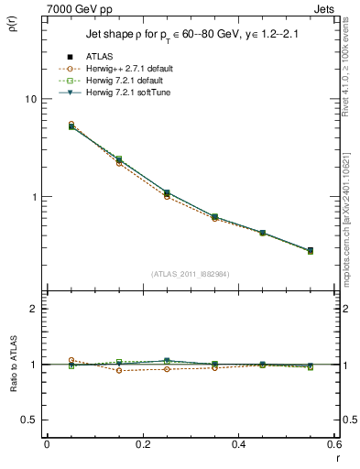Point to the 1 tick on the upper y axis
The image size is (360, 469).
36,197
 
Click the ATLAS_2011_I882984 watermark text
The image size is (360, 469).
191,274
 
